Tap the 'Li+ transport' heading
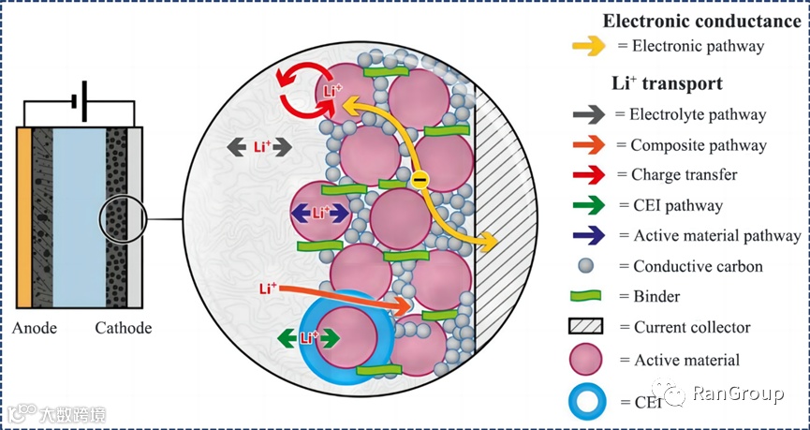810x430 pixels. click(667, 82)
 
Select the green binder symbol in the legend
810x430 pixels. click(589, 296)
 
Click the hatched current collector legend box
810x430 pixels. click(589, 327)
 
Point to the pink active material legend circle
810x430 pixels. click(588, 360)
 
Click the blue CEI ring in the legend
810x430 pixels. click(588, 402)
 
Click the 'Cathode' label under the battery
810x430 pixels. click(123, 328)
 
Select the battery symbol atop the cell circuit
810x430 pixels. click(81, 105)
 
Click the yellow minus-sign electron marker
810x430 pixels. click(420, 178)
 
